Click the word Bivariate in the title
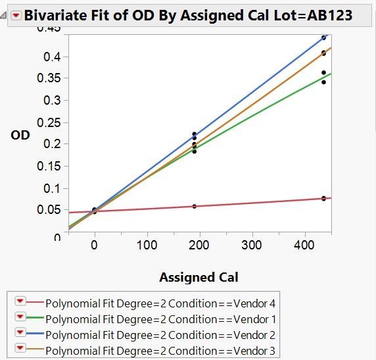(x=55, y=15)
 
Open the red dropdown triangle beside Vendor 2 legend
(x=20, y=333)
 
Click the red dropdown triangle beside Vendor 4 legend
(x=20, y=301)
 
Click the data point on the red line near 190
(x=194, y=206)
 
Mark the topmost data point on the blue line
(x=323, y=38)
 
